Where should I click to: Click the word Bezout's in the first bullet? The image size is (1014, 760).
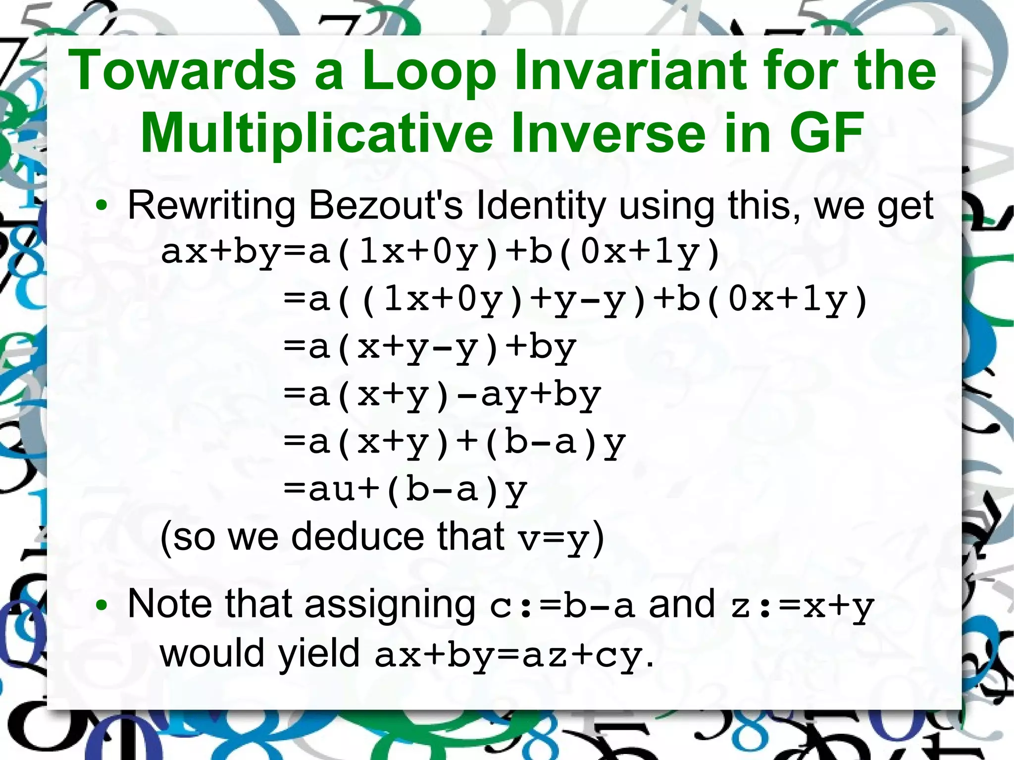tap(386, 205)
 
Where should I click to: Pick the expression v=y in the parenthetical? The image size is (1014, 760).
tap(554, 539)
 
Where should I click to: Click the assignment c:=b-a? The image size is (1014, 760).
tap(562, 606)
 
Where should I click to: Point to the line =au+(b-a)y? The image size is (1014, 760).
tap(406, 490)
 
